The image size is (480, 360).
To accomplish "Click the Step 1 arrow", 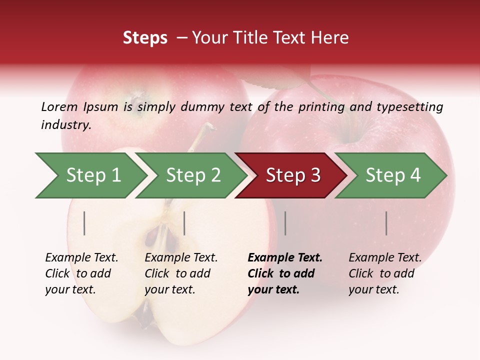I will (92, 175).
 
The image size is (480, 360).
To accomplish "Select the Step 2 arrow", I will (192, 175).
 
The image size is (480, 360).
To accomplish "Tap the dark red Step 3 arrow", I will (292, 175).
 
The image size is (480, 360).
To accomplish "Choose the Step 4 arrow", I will (392, 175).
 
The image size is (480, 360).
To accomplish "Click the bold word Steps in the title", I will (145, 38).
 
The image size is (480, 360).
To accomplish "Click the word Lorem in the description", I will (59, 106).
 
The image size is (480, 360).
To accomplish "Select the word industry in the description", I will (65, 124).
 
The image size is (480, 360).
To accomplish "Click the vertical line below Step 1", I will (84, 223).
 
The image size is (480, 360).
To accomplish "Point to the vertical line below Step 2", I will (184, 223).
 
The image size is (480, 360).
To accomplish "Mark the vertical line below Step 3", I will (285, 223).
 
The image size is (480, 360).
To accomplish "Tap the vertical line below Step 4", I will (386, 223).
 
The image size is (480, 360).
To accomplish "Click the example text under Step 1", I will (81, 273).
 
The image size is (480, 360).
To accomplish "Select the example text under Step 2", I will (181, 273).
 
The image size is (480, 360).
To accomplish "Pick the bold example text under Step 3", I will (285, 273).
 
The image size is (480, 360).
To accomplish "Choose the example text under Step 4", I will (385, 273).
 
